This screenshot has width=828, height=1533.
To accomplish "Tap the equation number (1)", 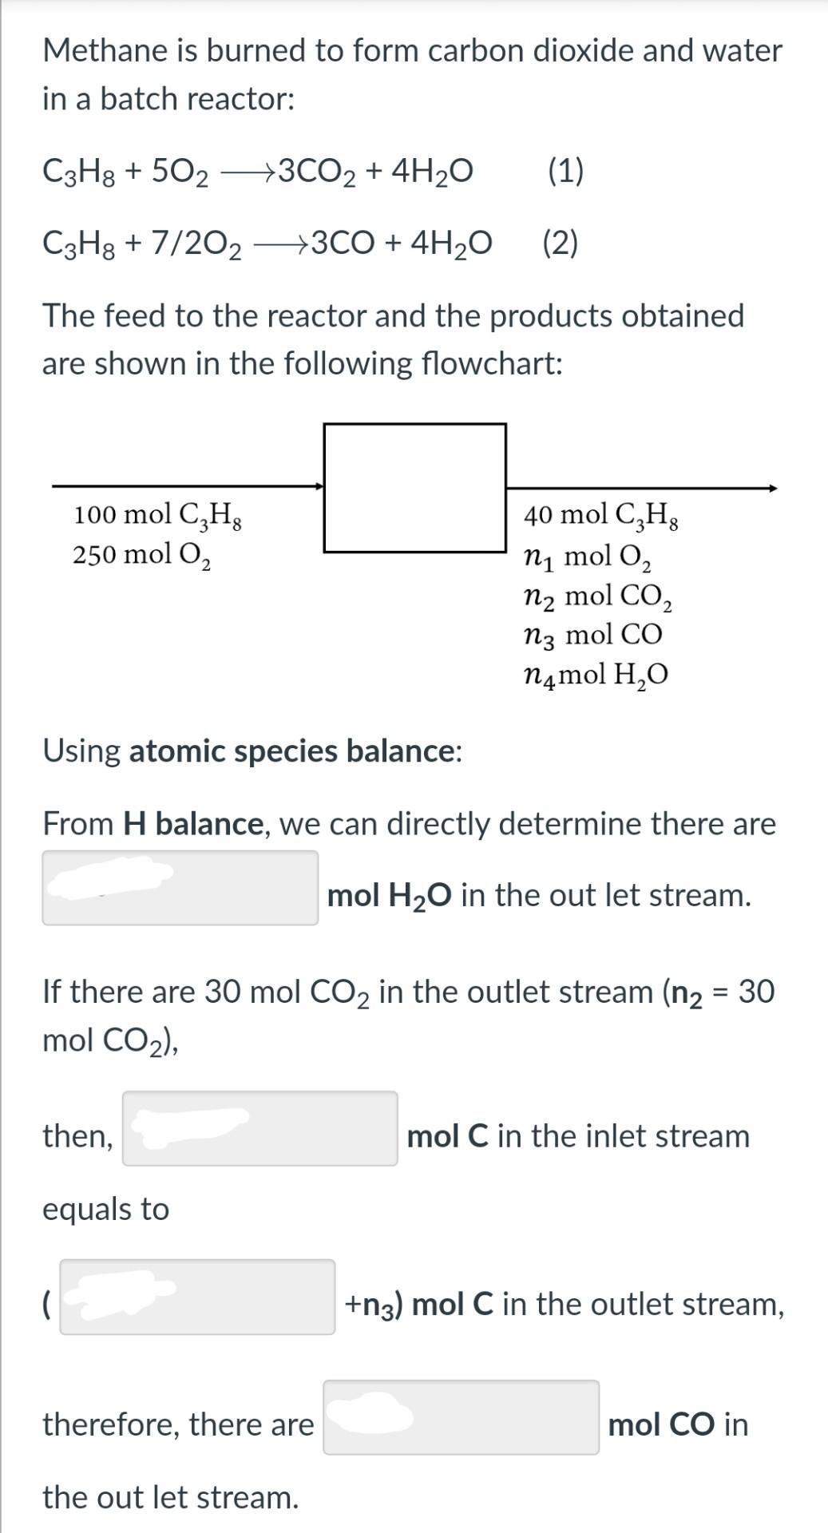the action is [565, 171].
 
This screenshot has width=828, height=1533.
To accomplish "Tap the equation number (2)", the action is [560, 243].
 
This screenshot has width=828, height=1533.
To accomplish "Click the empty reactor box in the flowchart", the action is [414, 487].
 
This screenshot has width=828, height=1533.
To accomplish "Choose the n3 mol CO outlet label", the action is [592, 636].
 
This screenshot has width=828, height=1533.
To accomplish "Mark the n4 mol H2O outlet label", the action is [596, 675].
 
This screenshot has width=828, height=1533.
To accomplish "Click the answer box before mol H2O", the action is [180, 888].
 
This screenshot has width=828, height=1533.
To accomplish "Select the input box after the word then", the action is [259, 1128].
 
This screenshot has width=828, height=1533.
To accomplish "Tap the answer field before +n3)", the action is [197, 1297].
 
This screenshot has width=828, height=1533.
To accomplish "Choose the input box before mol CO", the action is [461, 1417].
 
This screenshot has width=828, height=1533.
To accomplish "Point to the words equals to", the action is [105, 1209].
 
